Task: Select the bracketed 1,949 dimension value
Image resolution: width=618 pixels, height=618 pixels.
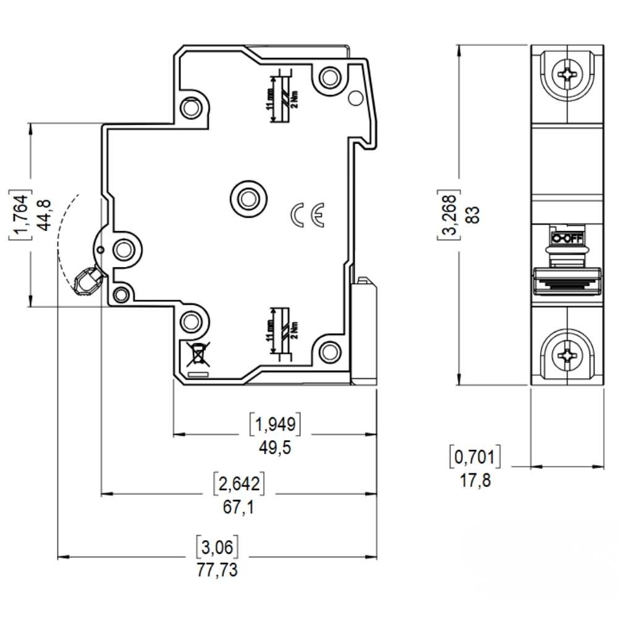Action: pos(275,424)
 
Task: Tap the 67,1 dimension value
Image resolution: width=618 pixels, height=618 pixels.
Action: pos(238,507)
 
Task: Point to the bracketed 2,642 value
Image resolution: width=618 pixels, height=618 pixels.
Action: pos(239,483)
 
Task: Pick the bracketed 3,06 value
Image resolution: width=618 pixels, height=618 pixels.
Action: pos(217,547)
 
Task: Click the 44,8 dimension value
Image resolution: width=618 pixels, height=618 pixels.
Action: pos(44,214)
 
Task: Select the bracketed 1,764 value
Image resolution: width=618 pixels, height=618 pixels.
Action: pos(20,214)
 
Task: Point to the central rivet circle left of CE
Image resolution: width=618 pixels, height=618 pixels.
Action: pos(248,198)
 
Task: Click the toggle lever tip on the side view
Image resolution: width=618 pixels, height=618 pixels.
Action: pos(85,282)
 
